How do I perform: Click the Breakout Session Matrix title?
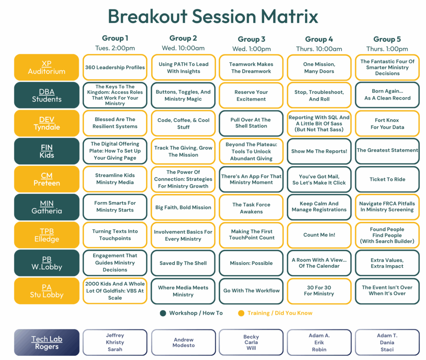click(x=213, y=16)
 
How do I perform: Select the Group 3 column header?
click(x=251, y=39)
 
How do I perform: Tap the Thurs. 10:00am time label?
click(x=319, y=49)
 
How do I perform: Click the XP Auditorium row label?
click(x=47, y=67)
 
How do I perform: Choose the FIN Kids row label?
click(x=47, y=151)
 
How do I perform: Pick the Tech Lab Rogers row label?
click(x=47, y=343)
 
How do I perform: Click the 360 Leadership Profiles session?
click(x=115, y=67)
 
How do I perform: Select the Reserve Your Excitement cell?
click(x=251, y=96)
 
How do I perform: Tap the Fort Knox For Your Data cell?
click(x=387, y=123)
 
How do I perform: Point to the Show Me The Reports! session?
click(x=319, y=151)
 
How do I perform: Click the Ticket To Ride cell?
click(x=387, y=179)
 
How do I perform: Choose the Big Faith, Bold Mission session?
click(x=183, y=207)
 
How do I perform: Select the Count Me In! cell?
click(x=319, y=235)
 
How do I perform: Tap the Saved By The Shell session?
click(x=183, y=263)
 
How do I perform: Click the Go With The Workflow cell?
click(x=251, y=291)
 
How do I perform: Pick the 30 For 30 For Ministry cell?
click(x=319, y=291)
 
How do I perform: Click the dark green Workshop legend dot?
click(x=163, y=313)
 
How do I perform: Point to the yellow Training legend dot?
click(x=241, y=313)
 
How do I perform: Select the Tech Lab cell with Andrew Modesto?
click(x=183, y=343)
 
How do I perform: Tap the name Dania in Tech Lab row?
click(x=387, y=343)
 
